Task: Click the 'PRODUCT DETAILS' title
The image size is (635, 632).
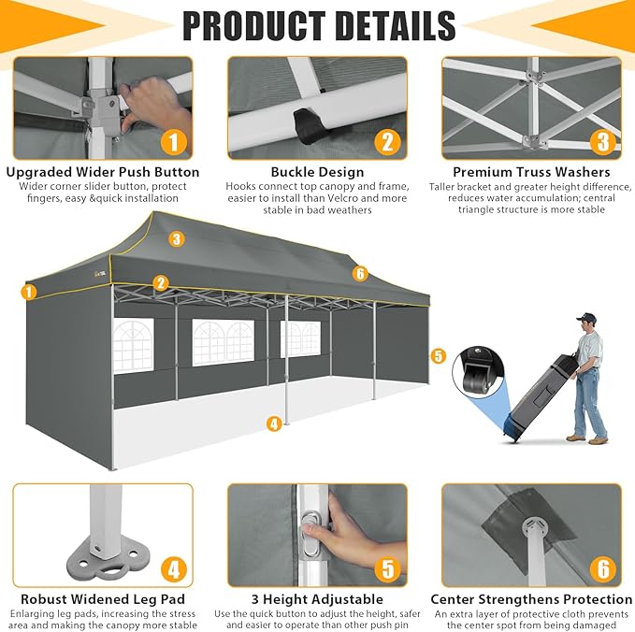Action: point(319,25)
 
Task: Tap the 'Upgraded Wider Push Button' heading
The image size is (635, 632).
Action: point(103,172)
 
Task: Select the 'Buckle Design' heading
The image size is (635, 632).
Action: point(318,172)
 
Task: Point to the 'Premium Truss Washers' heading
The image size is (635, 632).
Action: point(531,172)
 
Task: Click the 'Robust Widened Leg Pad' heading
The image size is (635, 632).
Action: point(103,598)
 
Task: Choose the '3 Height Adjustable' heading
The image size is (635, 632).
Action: point(318,598)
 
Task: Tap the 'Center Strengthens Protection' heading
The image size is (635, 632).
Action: point(531,598)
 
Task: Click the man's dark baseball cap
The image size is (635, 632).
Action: point(586,318)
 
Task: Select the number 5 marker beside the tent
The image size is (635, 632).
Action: point(439,356)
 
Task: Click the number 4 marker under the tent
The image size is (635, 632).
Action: point(274,424)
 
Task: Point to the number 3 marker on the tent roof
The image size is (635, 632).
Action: point(177,239)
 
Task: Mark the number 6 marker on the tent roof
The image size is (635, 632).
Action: point(360,274)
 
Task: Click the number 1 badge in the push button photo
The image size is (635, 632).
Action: point(174,142)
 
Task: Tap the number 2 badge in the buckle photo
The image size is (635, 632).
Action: point(387,142)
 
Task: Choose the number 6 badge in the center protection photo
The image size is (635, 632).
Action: point(603,569)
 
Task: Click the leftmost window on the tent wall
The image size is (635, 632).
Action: point(133,345)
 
